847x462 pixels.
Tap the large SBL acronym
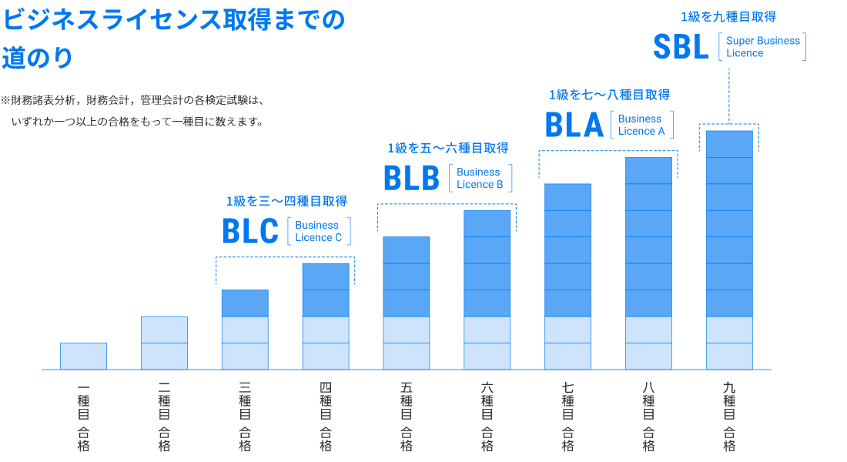(x=681, y=47)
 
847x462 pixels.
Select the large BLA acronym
(x=574, y=126)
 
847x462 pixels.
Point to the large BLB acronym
(x=411, y=179)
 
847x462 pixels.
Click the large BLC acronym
(x=250, y=232)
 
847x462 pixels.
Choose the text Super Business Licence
(x=762, y=47)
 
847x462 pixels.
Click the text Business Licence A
(x=641, y=126)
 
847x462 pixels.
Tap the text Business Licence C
(x=318, y=232)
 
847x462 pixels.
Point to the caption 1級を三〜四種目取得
(x=286, y=201)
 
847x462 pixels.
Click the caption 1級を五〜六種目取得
(x=447, y=148)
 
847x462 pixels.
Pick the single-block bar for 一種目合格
(x=83, y=357)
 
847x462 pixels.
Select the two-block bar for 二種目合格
(x=164, y=343)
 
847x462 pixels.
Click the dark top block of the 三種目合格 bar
(x=245, y=303)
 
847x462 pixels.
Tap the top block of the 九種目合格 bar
(x=729, y=144)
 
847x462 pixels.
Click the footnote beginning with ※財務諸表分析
(x=132, y=111)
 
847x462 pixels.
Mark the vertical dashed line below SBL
(x=728, y=95)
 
